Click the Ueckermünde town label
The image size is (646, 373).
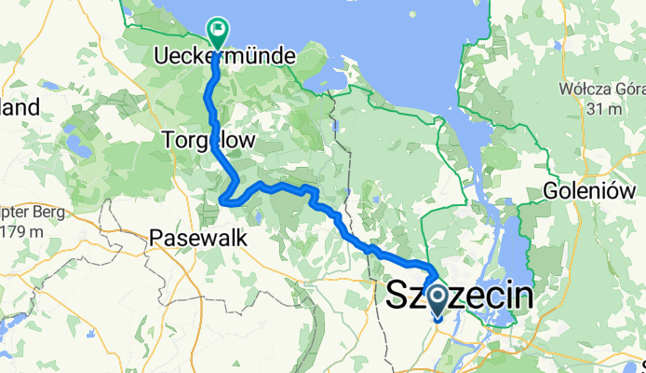[223, 57]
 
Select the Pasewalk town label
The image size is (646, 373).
[197, 239]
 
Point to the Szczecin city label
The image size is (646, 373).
[461, 297]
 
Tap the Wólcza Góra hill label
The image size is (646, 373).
[601, 90]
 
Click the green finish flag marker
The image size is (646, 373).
[217, 31]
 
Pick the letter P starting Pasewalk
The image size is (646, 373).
[156, 239]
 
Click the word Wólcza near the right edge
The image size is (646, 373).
[582, 90]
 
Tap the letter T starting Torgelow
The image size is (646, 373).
[168, 141]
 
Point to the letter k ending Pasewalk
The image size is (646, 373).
[241, 239]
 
